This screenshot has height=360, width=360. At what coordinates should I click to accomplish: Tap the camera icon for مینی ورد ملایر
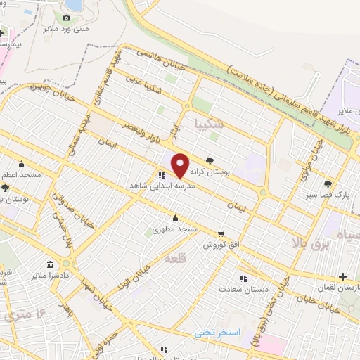pyautogui.click(x=67, y=18)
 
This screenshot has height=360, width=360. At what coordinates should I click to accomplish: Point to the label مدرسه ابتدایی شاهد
pyautogui.click(x=161, y=186)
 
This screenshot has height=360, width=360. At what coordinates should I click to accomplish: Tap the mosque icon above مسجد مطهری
pyautogui.click(x=174, y=219)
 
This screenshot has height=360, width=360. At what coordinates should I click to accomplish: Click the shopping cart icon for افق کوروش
pyautogui.click(x=221, y=233)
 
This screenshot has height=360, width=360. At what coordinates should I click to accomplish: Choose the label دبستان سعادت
pyautogui.click(x=240, y=289)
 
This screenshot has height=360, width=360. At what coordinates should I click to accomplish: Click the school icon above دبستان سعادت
pyautogui.click(x=243, y=278)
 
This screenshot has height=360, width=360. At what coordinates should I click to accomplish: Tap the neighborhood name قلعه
pyautogui.click(x=175, y=259)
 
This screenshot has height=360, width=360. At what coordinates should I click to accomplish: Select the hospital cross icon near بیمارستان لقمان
pyautogui.click(x=342, y=276)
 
